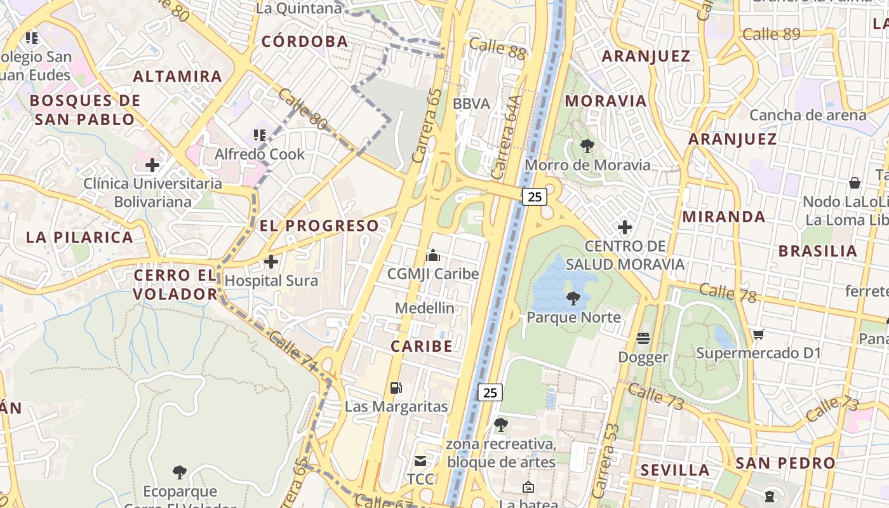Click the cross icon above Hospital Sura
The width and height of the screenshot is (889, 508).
(x=271, y=261)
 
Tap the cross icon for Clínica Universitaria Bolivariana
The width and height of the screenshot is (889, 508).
(x=152, y=166)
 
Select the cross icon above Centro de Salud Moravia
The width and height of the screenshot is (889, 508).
(x=625, y=227)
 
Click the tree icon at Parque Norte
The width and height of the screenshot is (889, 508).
(x=573, y=298)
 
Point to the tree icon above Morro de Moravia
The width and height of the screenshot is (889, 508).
(x=587, y=146)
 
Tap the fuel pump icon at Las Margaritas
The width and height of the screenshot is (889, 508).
(x=396, y=387)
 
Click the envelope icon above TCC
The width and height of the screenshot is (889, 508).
(x=420, y=460)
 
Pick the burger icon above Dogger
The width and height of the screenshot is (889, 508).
(x=643, y=338)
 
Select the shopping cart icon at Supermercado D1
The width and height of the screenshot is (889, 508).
(x=758, y=334)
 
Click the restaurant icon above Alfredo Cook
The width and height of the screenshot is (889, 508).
(x=259, y=135)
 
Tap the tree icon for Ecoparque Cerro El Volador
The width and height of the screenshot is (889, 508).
(x=180, y=472)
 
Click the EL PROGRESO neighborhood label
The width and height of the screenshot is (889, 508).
(x=319, y=225)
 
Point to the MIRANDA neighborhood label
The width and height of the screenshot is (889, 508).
(x=723, y=217)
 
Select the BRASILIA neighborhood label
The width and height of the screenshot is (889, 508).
(x=818, y=250)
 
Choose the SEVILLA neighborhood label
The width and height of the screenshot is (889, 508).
(x=674, y=470)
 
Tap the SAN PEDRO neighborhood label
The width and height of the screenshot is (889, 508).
(x=785, y=463)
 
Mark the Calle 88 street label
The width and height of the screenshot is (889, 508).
(x=498, y=48)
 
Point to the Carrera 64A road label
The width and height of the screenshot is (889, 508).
(x=506, y=137)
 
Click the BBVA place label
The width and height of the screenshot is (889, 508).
(x=471, y=104)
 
